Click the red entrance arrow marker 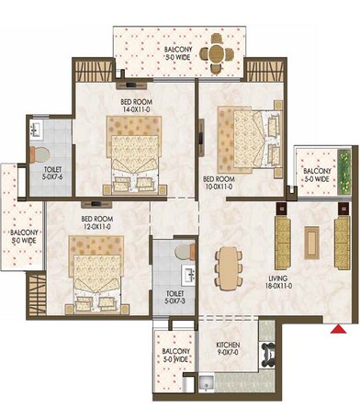point(340,326)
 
